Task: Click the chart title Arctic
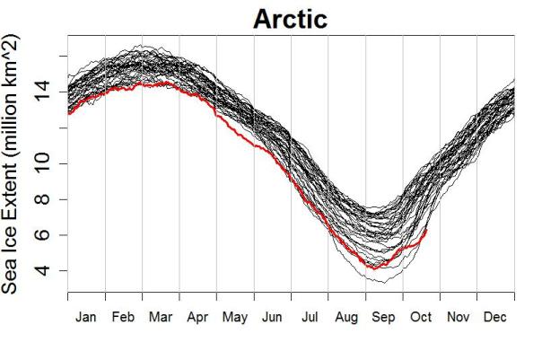291,19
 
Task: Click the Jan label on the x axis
86,317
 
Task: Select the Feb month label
123,317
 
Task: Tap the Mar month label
161,317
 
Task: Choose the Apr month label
197,317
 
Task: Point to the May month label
235,317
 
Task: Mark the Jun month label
272,317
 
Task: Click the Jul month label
310,317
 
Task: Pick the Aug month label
347,317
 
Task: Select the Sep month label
384,317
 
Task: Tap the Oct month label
421,317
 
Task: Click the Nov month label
459,317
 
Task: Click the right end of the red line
426,230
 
